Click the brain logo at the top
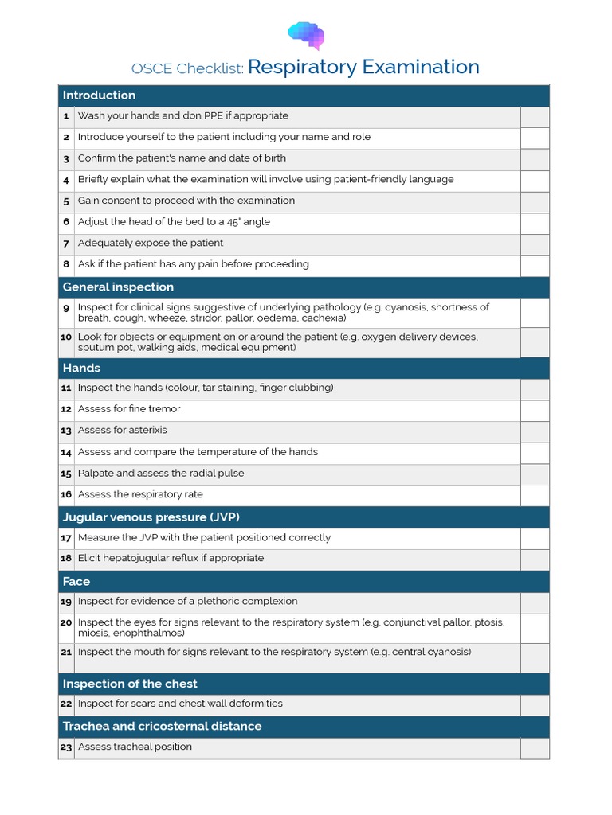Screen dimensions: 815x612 coord(306,35)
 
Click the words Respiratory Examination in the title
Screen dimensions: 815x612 coord(363,67)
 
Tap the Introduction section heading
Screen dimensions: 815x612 coord(100,96)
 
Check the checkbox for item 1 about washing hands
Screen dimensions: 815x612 coord(535,117)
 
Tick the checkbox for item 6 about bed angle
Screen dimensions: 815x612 coord(535,223)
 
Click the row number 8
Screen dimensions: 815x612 coord(66,264)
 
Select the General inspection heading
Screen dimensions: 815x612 coord(118,287)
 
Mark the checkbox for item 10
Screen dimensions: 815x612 coord(535,342)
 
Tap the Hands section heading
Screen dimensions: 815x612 coord(81,369)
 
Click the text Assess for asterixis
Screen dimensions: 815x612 coord(122,431)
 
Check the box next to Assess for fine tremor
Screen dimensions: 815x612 coord(535,410)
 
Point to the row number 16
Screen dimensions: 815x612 coord(66,495)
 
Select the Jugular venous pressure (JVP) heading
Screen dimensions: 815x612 coord(151,517)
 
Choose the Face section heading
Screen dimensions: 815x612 coord(76,582)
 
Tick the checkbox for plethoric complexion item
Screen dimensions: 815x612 coord(535,602)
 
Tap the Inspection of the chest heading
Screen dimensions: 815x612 coord(130,684)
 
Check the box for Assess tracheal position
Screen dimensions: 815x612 coord(535,748)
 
